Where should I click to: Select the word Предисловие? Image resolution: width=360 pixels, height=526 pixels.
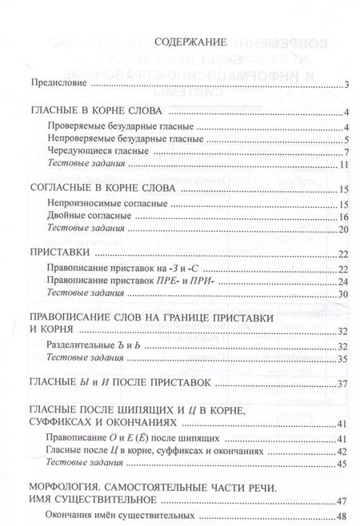[58, 83]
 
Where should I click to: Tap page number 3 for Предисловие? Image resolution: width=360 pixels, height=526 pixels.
[345, 84]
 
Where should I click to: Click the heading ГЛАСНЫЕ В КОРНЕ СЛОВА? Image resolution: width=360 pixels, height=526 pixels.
[95, 111]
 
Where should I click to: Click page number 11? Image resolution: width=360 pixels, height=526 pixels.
[342, 165]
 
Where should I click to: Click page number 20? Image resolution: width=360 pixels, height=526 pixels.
[342, 230]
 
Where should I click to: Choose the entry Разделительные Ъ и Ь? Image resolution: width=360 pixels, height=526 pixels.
[87, 346]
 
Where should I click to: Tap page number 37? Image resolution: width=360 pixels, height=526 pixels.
[342, 385]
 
